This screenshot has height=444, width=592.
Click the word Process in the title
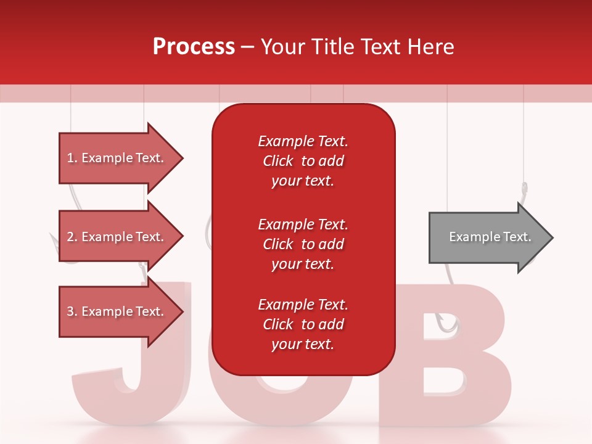click(x=194, y=47)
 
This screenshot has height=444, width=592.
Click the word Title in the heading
click(x=333, y=47)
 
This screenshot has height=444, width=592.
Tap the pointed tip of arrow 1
click(x=182, y=158)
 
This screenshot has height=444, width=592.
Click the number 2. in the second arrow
click(x=72, y=237)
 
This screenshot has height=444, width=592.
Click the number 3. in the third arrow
click(x=72, y=311)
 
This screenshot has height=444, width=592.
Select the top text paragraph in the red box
click(x=303, y=161)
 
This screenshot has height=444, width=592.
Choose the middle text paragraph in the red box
click(x=303, y=244)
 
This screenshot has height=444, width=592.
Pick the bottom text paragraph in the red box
click(x=303, y=324)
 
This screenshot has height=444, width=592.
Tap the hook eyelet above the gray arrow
click(x=524, y=187)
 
